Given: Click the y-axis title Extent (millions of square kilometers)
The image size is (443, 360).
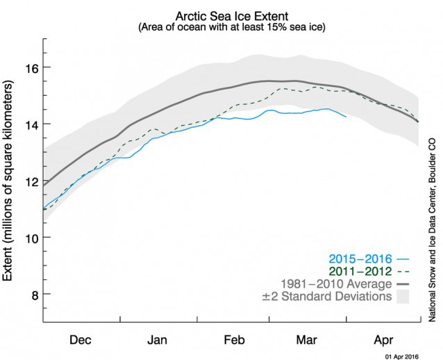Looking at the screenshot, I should (x=10, y=179).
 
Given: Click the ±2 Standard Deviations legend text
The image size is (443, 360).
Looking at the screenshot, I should (x=336, y=297).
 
